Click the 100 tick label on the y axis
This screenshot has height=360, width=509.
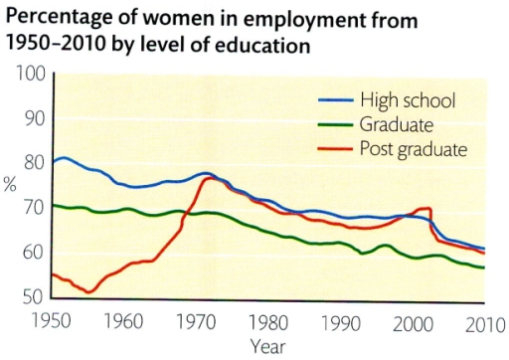(28, 74)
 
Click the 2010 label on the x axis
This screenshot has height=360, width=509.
(484, 322)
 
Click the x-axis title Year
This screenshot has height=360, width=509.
(268, 346)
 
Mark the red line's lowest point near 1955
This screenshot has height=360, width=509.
(90, 291)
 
